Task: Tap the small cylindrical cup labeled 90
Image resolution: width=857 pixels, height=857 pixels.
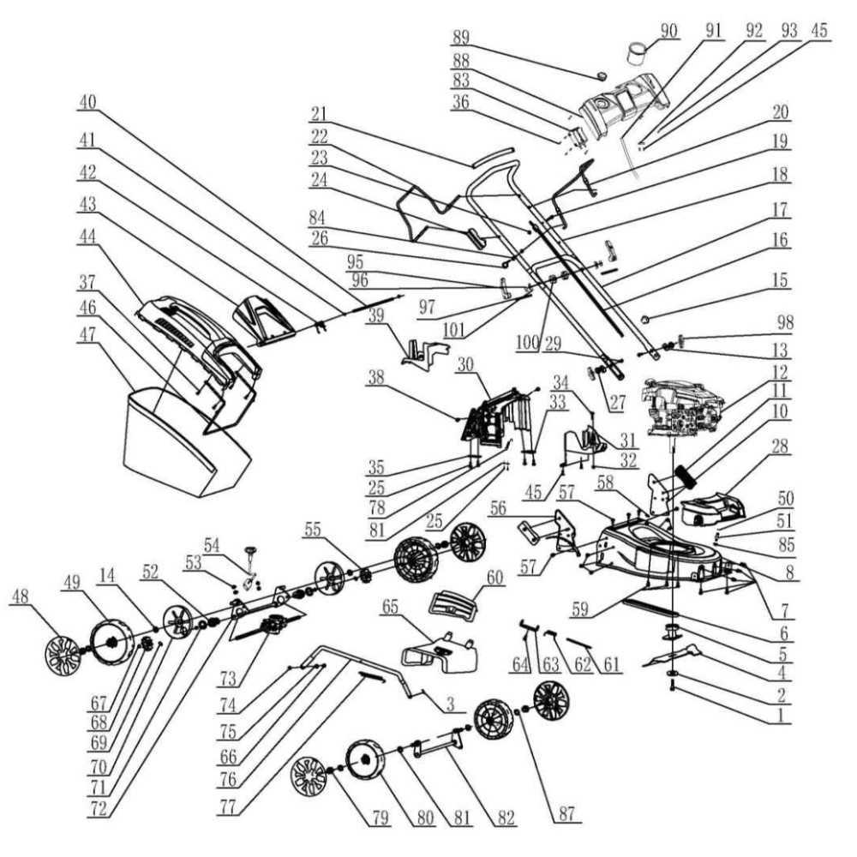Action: click(x=638, y=54)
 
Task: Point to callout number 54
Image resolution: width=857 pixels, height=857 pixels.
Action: click(x=211, y=543)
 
